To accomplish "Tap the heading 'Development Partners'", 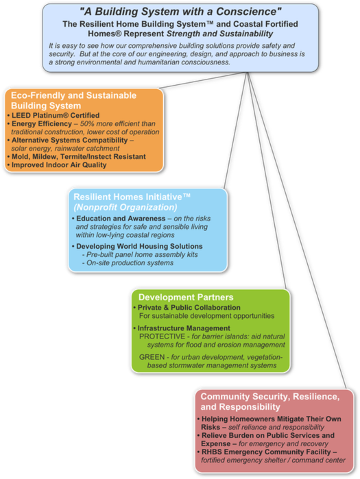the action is point(186,297).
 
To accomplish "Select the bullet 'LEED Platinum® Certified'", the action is point(56,116).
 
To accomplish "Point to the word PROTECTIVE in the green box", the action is point(162,336).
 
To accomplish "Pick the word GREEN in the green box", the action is point(152,357).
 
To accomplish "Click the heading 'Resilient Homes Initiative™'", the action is point(132,197).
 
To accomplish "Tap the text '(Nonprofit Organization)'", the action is point(125,208).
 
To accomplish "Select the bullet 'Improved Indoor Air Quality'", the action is point(59,165).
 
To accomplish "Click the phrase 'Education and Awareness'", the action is point(121,219).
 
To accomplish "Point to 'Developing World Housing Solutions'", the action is point(139,246).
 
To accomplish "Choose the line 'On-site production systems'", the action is point(130,263).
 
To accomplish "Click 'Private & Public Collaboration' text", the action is point(189,308).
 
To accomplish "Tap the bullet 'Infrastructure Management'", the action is point(184,328).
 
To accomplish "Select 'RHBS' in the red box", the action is point(213,452).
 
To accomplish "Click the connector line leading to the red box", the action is point(296,230).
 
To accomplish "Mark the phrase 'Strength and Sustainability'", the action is point(219,34).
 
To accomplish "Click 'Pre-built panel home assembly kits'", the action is point(142,255).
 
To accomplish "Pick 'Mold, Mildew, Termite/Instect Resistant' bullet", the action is point(79,157).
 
